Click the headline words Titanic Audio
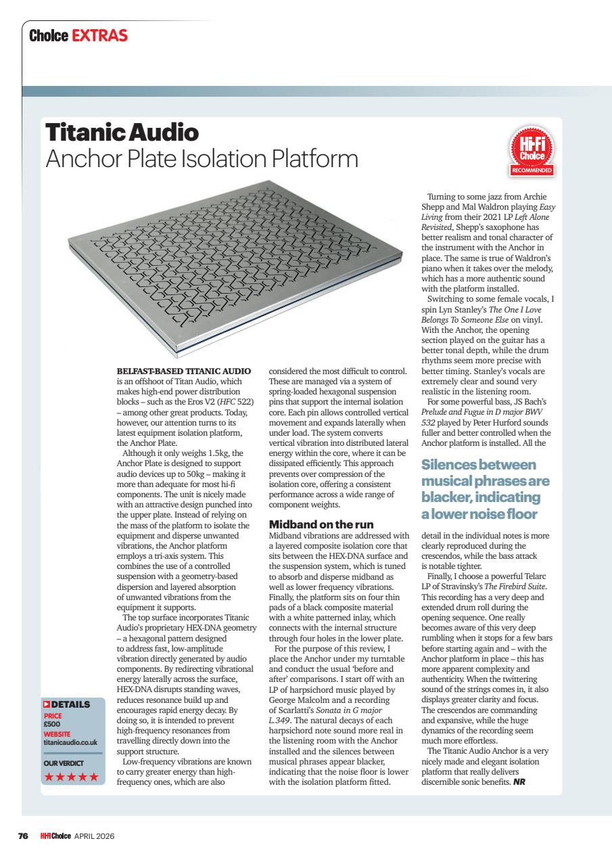[121, 132]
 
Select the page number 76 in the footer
[22, 836]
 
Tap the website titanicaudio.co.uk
[72, 742]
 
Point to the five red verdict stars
[71, 776]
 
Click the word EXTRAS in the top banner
[99, 36]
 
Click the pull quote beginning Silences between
[485, 489]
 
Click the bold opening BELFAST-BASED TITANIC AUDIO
[184, 371]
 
